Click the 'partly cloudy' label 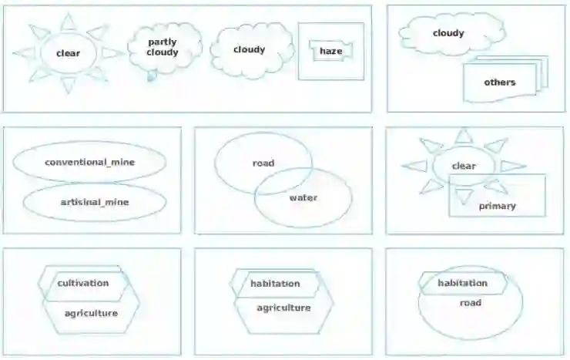click(163, 48)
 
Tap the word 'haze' click(330, 52)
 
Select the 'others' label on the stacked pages click(500, 82)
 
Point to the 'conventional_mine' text click(89, 163)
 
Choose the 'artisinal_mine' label click(95, 203)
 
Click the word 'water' click(303, 198)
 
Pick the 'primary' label click(497, 206)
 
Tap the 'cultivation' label click(83, 283)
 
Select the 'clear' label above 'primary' click(464, 166)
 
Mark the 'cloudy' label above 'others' click(448, 33)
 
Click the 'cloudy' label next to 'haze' click(249, 50)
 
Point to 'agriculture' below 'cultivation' click(91, 313)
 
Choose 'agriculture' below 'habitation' click(283, 308)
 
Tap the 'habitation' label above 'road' click(463, 284)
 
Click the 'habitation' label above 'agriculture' click(275, 284)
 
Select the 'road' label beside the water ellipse click(263, 163)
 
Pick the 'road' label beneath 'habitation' click(471, 303)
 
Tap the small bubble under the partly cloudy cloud click(152, 75)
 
